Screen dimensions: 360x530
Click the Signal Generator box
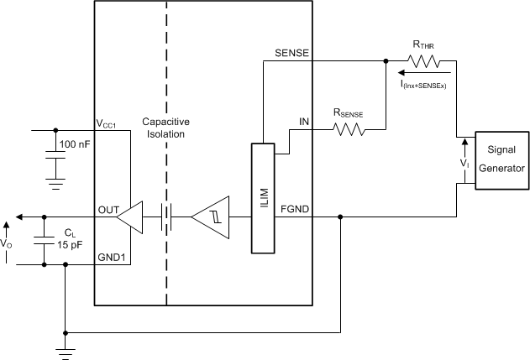pos(501,161)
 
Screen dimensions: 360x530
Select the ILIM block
pos(262,198)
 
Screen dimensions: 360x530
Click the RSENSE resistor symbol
pos(348,129)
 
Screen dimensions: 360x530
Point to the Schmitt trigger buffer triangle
pos(209,218)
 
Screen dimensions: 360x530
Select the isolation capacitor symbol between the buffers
pos(167,218)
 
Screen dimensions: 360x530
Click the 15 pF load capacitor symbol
pos(41,241)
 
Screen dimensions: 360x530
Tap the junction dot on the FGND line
pos(340,218)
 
